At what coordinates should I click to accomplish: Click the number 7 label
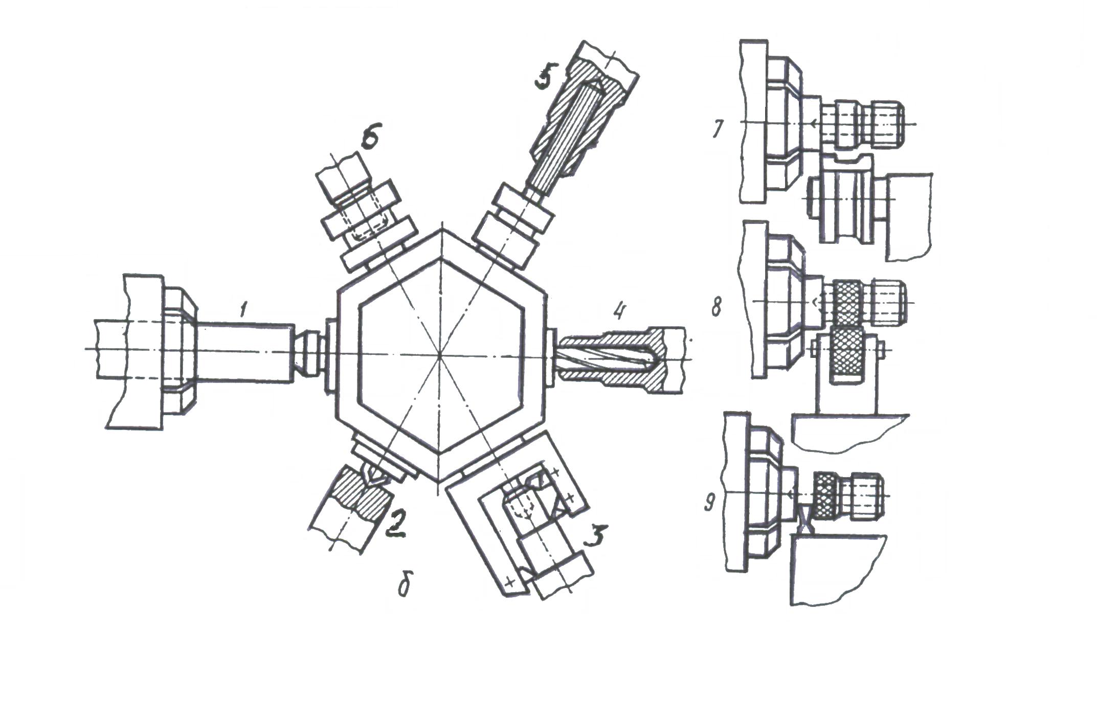click(x=718, y=129)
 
